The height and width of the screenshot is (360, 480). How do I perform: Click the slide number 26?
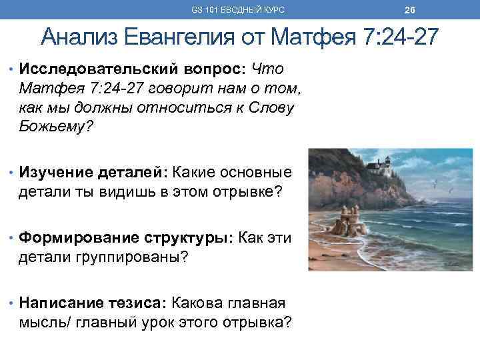tap(410, 10)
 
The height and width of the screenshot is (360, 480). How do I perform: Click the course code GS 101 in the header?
tap(203, 10)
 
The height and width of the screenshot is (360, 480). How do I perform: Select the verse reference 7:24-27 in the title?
tap(402, 37)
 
